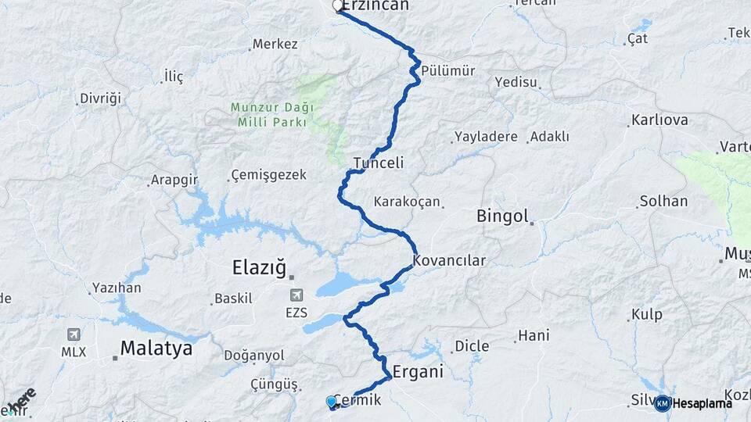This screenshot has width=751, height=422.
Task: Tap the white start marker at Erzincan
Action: pyautogui.click(x=338, y=6)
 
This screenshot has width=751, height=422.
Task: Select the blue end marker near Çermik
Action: pyautogui.click(x=332, y=402)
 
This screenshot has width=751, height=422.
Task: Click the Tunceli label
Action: pyautogui.click(x=379, y=163)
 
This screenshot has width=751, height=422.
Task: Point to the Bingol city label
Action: pyautogui.click(x=503, y=216)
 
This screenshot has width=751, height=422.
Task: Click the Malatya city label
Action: pyautogui.click(x=156, y=349)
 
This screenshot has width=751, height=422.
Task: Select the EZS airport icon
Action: pyautogui.click(x=296, y=295)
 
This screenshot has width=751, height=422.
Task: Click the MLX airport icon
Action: pyautogui.click(x=74, y=334)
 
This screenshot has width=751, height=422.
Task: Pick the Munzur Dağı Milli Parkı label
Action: pyautogui.click(x=271, y=115)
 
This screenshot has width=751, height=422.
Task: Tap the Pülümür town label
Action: pyautogui.click(x=448, y=71)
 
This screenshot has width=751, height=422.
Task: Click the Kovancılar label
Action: pyautogui.click(x=450, y=261)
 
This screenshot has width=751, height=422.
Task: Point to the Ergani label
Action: pyautogui.click(x=418, y=372)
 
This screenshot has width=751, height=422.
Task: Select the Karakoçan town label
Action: pyautogui.click(x=407, y=202)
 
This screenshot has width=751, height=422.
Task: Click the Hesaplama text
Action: pyautogui.click(x=702, y=403)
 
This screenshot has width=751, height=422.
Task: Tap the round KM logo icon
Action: pyautogui.click(x=662, y=403)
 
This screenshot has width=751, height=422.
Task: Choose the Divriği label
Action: pyautogui.click(x=101, y=98)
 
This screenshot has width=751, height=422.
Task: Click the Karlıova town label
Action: pyautogui.click(x=659, y=120)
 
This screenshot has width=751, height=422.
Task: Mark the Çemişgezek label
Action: pyautogui.click(x=268, y=175)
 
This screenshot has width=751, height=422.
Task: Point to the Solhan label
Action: pyautogui.click(x=663, y=202)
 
